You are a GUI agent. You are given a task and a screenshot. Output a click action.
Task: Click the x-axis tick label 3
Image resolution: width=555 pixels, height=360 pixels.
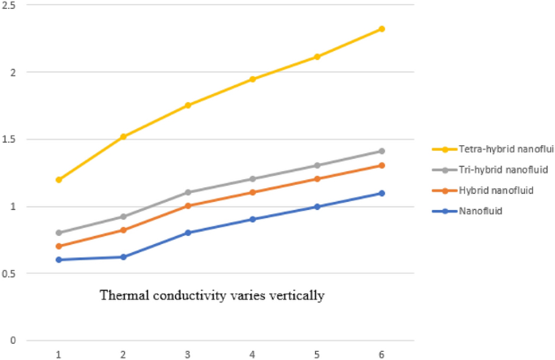click(188, 354)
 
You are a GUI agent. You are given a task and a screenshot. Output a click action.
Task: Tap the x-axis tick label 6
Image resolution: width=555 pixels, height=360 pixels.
click(381, 354)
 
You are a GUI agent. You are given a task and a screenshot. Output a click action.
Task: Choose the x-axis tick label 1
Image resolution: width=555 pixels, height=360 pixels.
click(59, 354)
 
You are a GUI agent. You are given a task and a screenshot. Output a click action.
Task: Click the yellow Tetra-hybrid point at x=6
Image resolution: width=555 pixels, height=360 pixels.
click(382, 29)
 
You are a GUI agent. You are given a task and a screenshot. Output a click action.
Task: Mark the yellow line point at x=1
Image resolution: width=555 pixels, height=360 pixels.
click(59, 179)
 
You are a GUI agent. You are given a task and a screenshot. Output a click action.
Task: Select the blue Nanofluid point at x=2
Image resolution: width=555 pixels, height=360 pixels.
click(123, 257)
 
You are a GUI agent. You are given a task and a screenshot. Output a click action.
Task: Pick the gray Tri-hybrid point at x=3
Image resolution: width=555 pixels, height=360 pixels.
click(188, 192)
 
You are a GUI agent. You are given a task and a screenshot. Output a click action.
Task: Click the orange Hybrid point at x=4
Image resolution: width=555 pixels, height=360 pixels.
click(253, 192)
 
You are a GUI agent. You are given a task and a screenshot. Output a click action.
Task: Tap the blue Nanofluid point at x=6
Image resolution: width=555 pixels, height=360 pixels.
click(382, 193)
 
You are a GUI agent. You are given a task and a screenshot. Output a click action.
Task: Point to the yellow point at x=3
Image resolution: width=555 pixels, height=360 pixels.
click(188, 105)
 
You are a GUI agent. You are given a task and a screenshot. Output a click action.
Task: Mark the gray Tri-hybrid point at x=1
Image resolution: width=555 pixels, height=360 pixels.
click(59, 233)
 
